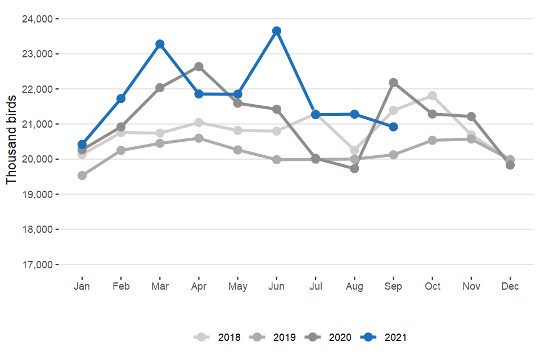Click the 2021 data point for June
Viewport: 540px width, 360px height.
click(x=276, y=31)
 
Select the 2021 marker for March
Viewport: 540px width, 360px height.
click(x=160, y=44)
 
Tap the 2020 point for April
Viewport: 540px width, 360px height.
click(x=199, y=67)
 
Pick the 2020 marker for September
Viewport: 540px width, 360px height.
click(x=393, y=83)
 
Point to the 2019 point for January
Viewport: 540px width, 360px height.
click(x=82, y=175)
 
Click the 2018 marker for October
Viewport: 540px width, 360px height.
click(x=432, y=96)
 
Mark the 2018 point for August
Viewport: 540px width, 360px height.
click(x=354, y=150)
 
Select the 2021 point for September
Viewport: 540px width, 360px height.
click(x=393, y=127)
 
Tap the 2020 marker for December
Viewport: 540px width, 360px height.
click(x=510, y=165)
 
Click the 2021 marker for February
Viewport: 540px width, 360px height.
click(x=121, y=98)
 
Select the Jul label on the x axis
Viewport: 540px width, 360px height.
click(x=316, y=286)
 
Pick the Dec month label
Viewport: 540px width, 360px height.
click(x=510, y=286)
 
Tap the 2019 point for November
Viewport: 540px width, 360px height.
click(x=471, y=139)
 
